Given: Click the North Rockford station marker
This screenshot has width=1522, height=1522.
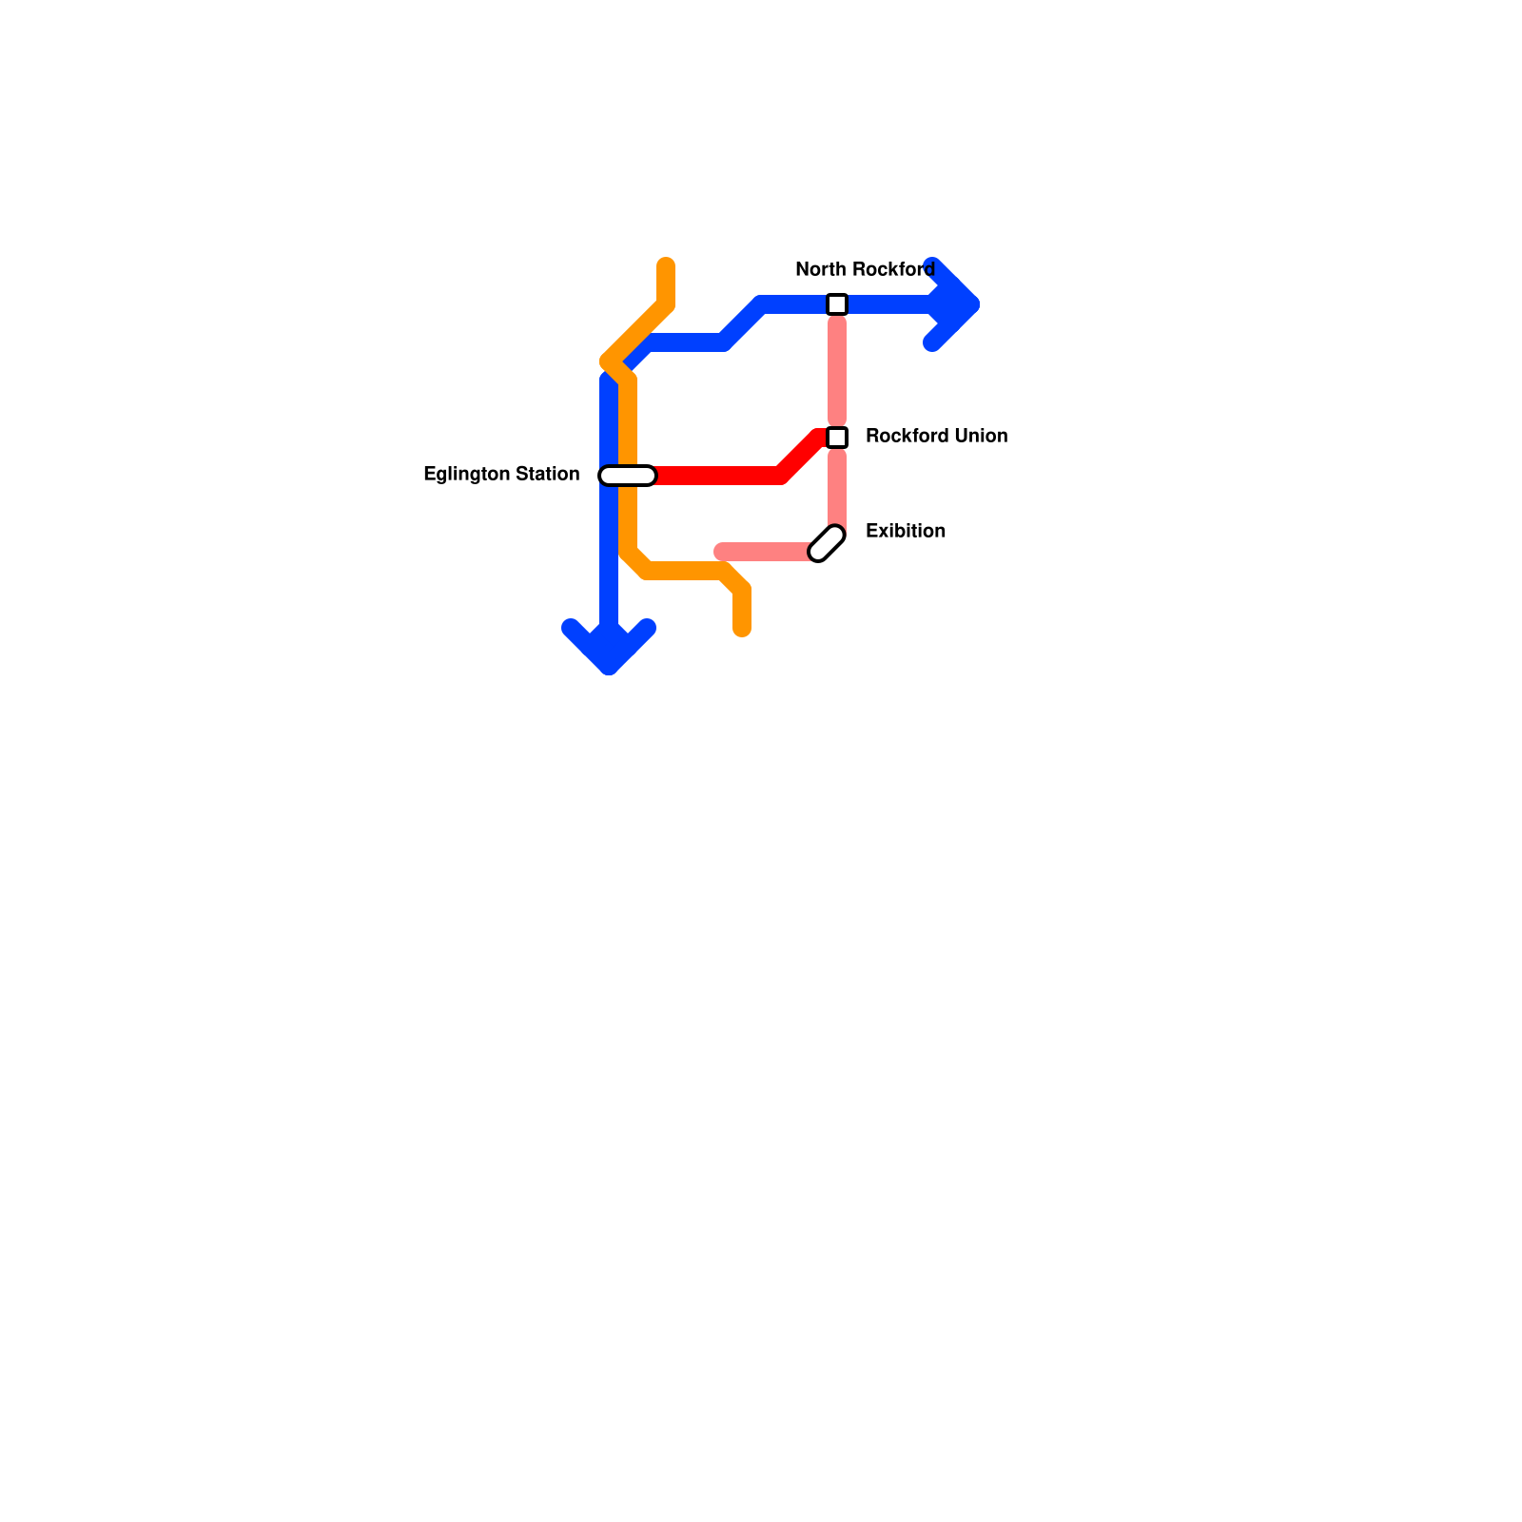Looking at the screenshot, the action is click(x=837, y=304).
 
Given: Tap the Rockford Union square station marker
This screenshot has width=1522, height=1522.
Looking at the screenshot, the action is click(x=837, y=438).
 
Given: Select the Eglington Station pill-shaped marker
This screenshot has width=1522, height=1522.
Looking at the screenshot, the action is click(x=628, y=476).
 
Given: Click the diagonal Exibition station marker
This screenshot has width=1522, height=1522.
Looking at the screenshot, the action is click(x=827, y=543).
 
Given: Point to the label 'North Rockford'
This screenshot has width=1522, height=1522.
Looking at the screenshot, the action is click(x=865, y=269).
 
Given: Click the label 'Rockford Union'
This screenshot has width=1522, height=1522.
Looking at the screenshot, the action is click(x=936, y=436).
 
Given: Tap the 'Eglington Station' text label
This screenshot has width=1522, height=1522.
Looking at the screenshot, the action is click(x=501, y=474).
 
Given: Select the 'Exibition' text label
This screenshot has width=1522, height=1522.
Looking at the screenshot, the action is click(x=906, y=531).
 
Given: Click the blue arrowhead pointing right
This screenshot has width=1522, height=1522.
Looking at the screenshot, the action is click(x=956, y=304).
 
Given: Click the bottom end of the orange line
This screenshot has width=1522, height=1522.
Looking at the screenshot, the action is click(x=742, y=628).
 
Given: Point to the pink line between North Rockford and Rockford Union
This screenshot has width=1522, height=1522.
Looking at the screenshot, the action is click(x=837, y=371).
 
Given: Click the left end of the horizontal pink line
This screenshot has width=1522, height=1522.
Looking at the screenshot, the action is click(x=722, y=552).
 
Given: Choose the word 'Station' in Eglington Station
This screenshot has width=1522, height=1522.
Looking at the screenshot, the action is click(x=548, y=474).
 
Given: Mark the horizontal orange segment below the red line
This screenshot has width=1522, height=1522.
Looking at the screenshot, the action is click(x=685, y=571).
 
